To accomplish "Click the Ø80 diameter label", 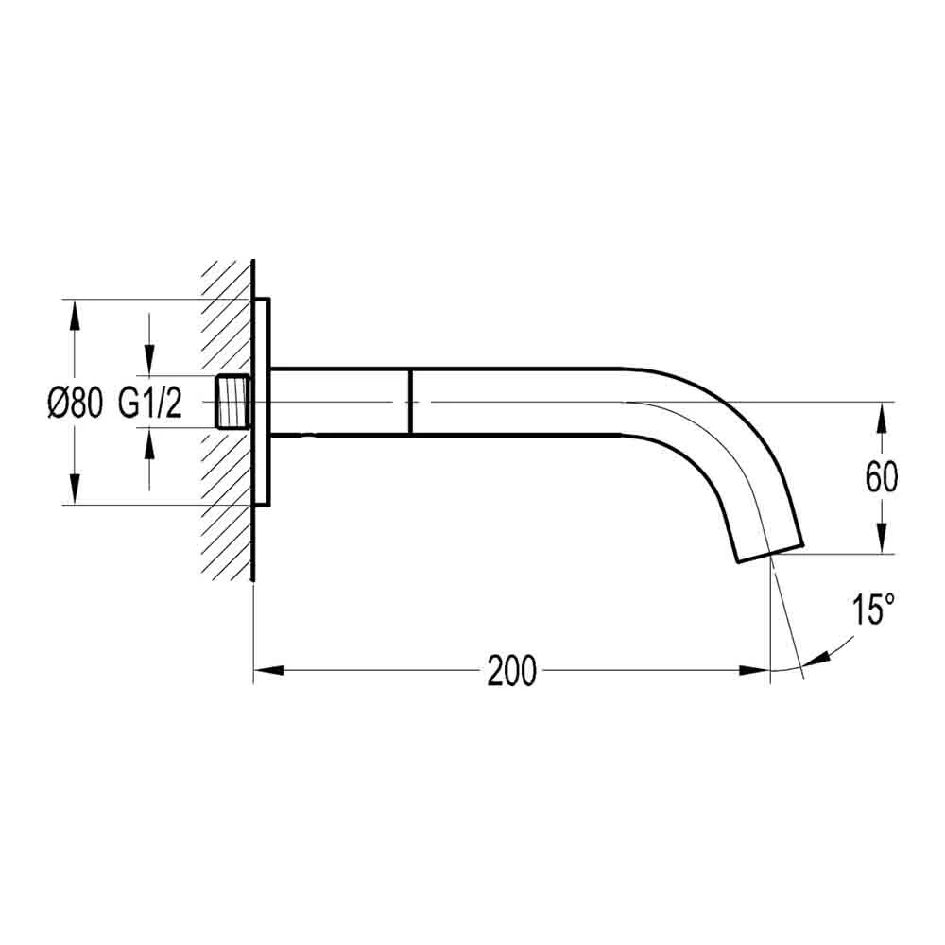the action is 75,403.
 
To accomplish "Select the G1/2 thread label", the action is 149,403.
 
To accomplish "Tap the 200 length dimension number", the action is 511,670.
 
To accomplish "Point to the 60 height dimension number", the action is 881,477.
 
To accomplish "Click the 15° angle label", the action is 873,610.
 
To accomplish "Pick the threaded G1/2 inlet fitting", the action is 232,402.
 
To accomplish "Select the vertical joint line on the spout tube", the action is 410,402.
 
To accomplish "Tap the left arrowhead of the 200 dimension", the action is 268,670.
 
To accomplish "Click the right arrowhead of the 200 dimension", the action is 754,670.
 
